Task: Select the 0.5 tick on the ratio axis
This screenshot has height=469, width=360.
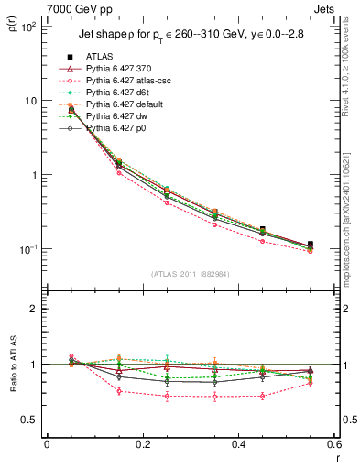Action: [x=28, y=420]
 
